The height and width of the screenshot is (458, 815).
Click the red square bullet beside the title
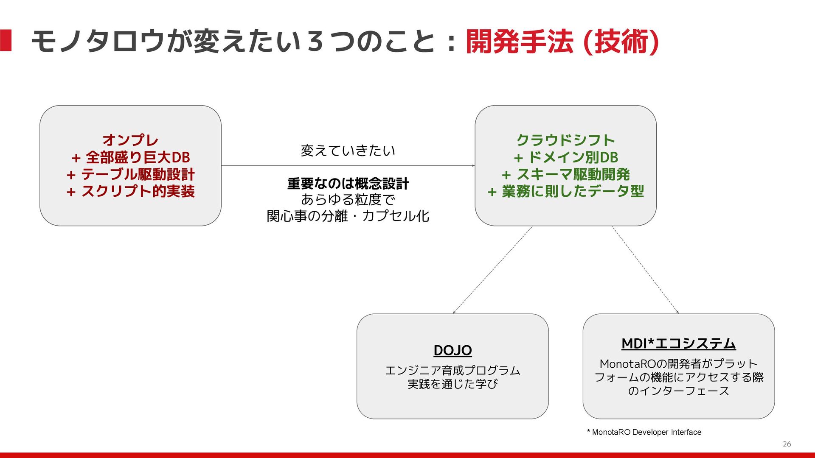tap(6, 41)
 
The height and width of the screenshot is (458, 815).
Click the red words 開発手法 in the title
tap(520, 42)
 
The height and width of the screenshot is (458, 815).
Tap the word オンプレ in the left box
tap(130, 140)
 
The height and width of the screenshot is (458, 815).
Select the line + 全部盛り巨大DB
tap(130, 157)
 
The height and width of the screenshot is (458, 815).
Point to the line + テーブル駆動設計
tap(130, 174)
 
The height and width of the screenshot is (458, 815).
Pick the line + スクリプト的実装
tap(130, 191)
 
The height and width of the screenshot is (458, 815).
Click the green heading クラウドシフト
tap(565, 140)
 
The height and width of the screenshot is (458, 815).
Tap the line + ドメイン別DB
tap(565, 157)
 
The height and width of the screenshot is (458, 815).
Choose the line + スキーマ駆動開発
tap(565, 174)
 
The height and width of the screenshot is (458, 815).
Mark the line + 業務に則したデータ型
tap(565, 191)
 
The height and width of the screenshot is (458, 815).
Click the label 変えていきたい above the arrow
tap(348, 151)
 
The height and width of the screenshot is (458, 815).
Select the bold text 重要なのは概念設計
tap(348, 184)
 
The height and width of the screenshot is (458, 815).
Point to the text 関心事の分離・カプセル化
tap(348, 216)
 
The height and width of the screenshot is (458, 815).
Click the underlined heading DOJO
tap(452, 350)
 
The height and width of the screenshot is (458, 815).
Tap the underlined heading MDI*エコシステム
tap(678, 343)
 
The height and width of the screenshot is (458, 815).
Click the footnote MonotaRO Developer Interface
tap(646, 432)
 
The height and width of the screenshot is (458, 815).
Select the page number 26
tap(787, 444)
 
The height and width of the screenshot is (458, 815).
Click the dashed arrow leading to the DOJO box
tap(492, 270)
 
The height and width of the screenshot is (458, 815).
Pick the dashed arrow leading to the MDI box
tap(645, 270)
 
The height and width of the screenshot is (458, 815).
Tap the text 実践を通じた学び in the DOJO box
tap(452, 384)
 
